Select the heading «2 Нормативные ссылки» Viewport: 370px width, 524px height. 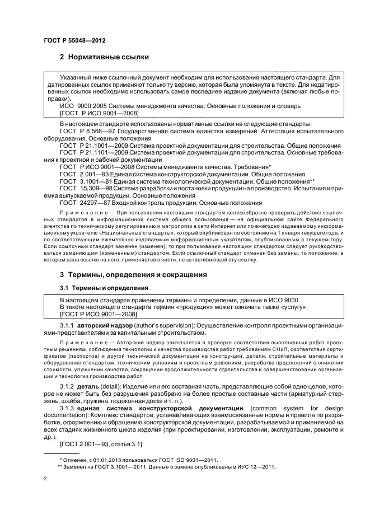pos(107,57)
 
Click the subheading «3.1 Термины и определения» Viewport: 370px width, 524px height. pos(104,287)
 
